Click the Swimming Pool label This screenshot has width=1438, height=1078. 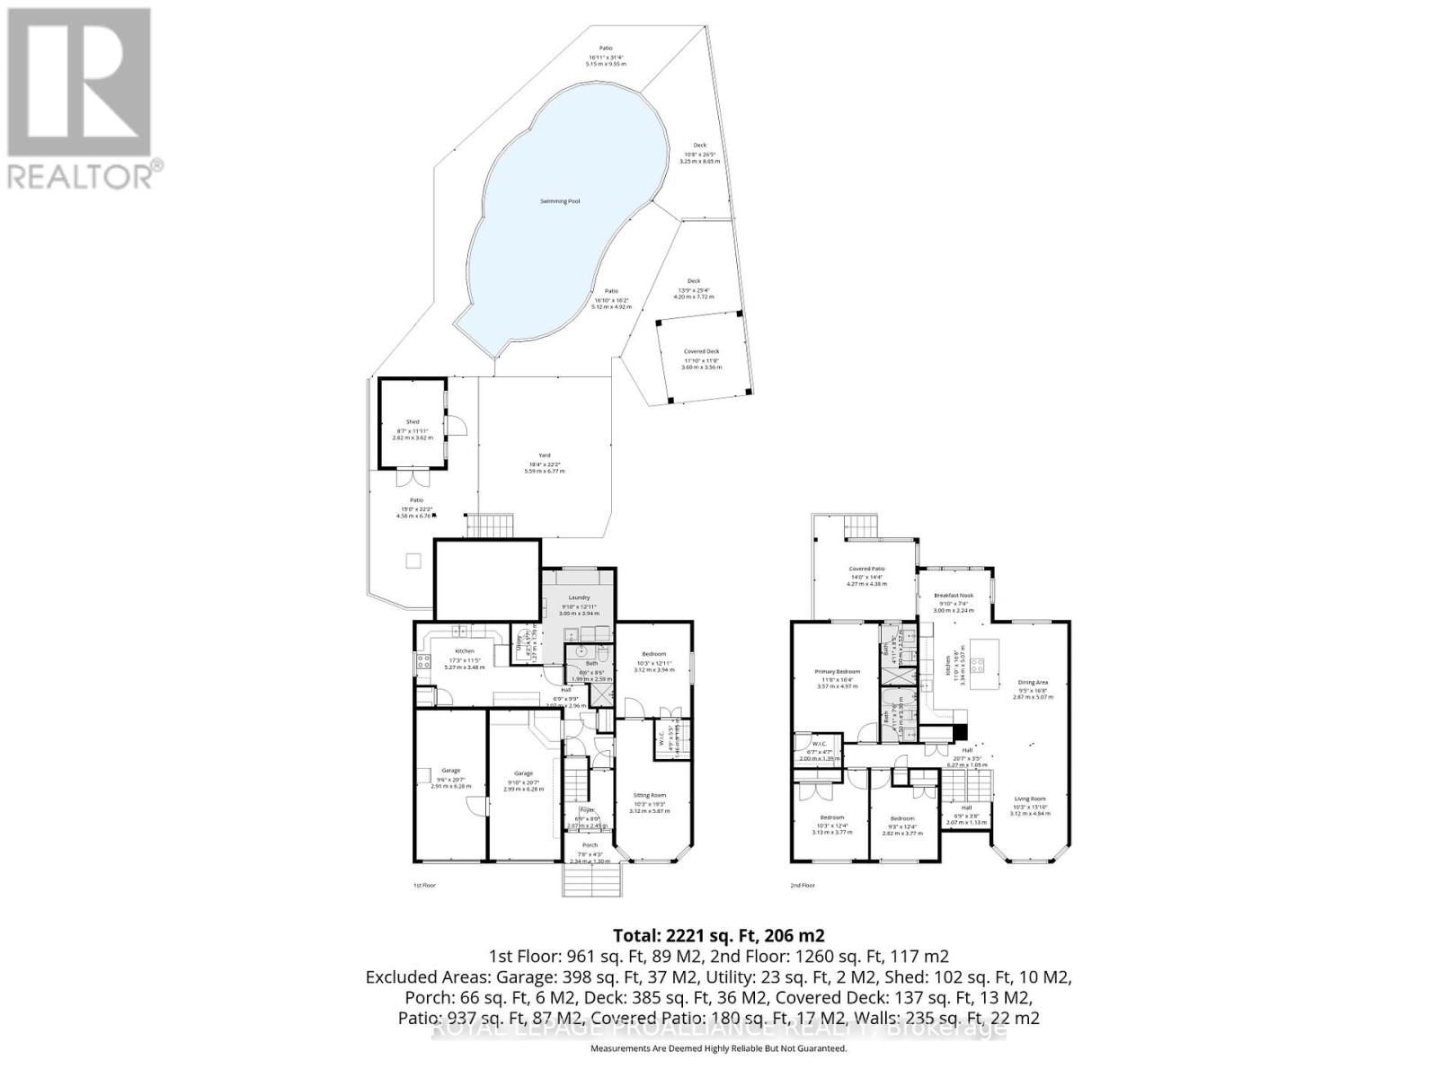point(559,201)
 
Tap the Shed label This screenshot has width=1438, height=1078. point(413,422)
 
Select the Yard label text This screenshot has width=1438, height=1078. point(544,455)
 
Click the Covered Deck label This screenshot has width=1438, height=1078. point(701,351)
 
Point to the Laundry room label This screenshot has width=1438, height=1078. point(579,597)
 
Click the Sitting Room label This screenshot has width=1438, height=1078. point(649,795)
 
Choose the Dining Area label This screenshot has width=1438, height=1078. point(1032,682)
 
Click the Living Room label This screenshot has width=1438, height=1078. point(1030,799)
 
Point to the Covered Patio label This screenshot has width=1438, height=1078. point(867,569)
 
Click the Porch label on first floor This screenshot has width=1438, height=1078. point(590,844)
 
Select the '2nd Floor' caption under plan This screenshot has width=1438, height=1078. point(802,885)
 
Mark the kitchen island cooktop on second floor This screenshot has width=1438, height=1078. point(977,666)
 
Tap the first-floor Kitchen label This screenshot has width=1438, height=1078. point(464,650)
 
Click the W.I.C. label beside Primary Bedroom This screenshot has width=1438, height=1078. point(818,744)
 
